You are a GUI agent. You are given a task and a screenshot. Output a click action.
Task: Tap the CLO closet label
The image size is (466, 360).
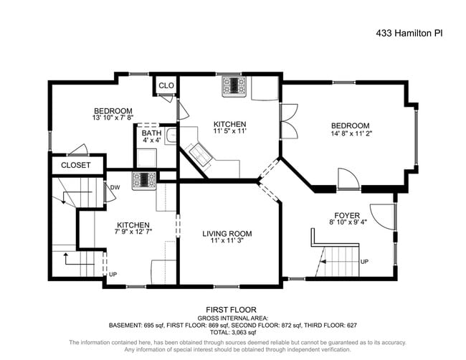click(x=166, y=86)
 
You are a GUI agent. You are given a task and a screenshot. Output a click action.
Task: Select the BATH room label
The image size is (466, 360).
click(x=151, y=133)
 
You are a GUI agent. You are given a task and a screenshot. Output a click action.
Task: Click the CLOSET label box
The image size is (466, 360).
click(x=75, y=165)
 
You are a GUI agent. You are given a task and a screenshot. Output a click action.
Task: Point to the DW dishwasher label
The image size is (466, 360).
click(x=115, y=188)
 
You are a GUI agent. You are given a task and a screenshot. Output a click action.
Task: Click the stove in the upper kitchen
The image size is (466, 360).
click(x=234, y=86)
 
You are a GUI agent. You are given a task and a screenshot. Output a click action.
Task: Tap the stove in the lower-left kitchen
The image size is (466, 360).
click(x=143, y=179)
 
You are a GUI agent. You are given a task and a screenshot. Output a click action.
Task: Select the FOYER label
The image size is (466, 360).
click(x=348, y=214)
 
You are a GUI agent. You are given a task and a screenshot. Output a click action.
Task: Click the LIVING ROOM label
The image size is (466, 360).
click(x=227, y=233)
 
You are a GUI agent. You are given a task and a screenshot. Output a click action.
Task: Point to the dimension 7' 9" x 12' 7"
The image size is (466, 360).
click(x=133, y=232)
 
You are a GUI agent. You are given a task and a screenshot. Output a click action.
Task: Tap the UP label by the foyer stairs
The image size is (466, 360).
click(x=365, y=262)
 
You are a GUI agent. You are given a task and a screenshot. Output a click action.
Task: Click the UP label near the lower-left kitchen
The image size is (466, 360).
click(x=113, y=274)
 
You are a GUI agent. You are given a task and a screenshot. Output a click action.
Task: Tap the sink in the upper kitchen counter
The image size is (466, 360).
click(x=200, y=151)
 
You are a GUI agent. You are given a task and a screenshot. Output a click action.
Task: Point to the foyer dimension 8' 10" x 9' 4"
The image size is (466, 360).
click(x=348, y=223)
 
